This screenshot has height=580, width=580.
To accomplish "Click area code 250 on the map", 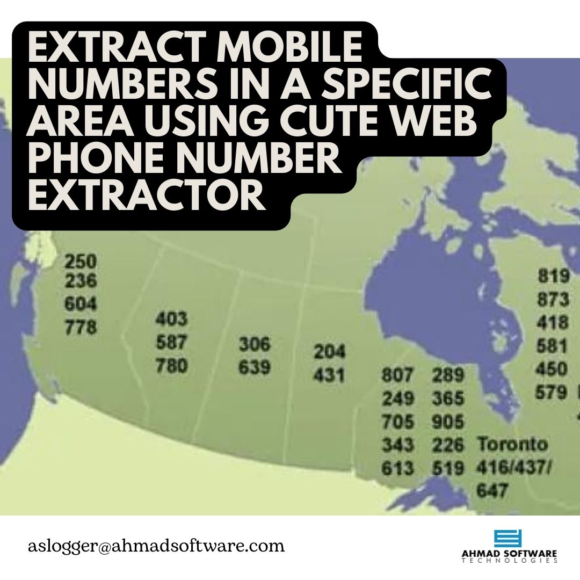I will coord(81,262).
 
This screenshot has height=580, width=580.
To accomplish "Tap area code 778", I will coord(81,327).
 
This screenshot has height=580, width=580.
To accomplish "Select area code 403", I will coord(172,320).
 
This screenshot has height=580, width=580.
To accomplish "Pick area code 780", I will coord(172,366).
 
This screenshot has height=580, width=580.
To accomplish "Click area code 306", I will coord(255,344).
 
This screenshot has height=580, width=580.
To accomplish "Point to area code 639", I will coord(255,368).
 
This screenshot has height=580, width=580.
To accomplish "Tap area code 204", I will coord(330,352).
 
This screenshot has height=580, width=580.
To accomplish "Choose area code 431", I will coord(330,375).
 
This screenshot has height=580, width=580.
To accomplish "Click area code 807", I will coord(398,375).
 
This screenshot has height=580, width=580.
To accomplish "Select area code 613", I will coord(398,468).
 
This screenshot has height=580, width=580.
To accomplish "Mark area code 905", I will coord(448,422).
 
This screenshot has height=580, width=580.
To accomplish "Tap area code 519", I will coord(448,468).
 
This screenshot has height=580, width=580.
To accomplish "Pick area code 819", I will coord(553,276).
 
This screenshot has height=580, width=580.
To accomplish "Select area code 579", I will coord(552,393).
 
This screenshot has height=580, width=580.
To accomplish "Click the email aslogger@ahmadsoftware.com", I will coord(156,546).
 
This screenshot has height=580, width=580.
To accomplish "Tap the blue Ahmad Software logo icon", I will coord(508,538).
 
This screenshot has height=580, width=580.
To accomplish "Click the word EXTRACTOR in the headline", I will coord(147,196).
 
